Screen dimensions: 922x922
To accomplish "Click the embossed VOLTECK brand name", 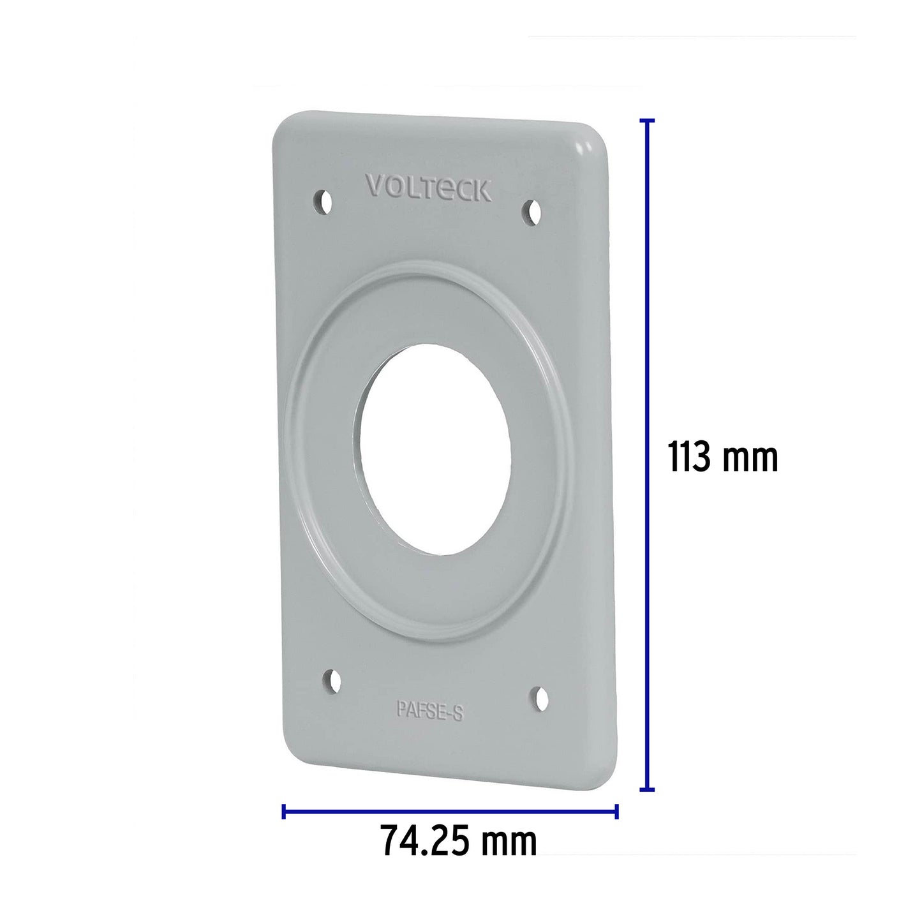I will coord(428,189).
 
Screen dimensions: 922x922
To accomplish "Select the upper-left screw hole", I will coord(324,202).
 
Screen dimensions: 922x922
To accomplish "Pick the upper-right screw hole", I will coord(532,212).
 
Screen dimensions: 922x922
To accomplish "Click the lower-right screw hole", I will coord(540,699).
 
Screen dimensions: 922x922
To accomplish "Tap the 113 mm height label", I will coord(723,457).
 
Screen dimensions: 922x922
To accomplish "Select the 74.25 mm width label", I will coord(458,841).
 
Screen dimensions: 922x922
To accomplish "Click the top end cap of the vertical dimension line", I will coord(647,120).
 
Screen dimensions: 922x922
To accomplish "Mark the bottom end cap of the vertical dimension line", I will coord(647,789).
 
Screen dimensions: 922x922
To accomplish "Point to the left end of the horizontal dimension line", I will coord(284,812).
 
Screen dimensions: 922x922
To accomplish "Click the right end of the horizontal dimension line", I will coord(616,812).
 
